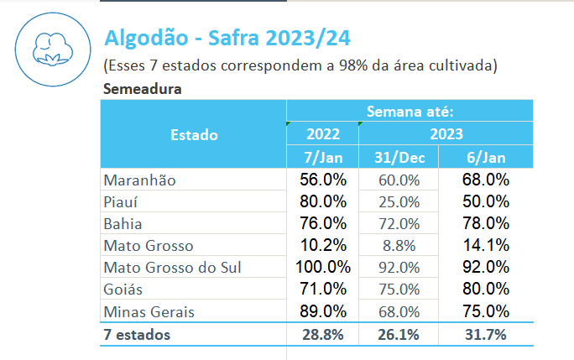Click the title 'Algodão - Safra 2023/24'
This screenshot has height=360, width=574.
(x=227, y=38)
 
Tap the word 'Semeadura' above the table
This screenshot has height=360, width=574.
(x=143, y=88)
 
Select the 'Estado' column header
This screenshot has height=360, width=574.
(x=194, y=134)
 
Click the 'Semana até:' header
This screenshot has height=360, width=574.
(x=410, y=111)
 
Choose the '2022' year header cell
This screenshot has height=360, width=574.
(x=323, y=134)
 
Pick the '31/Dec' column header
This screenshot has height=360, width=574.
(x=399, y=157)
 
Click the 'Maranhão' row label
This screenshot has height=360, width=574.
(x=139, y=180)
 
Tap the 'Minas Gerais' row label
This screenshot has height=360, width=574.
(x=149, y=311)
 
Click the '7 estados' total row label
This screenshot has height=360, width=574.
(x=137, y=335)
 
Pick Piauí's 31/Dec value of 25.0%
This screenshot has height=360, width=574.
(x=399, y=201)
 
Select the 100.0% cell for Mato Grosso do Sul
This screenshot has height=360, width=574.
(x=323, y=268)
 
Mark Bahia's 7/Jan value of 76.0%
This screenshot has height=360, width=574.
(x=323, y=224)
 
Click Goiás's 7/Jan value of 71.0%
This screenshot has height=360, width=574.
(x=323, y=290)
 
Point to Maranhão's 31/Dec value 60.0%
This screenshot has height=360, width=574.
(x=399, y=180)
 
